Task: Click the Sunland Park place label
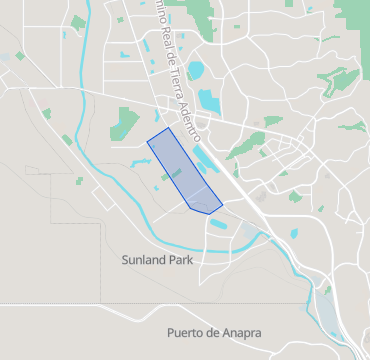point(156,259)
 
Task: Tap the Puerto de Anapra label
point(214,332)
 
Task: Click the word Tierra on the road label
point(173,79)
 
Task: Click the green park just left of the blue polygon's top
point(125,123)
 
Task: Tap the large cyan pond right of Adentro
point(209,101)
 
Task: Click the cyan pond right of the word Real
point(196,71)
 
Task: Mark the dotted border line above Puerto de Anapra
point(200,303)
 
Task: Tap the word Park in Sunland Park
point(181,259)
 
